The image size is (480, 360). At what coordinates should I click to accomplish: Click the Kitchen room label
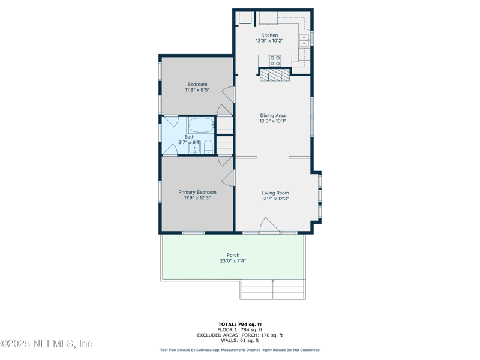(x=269, y=35)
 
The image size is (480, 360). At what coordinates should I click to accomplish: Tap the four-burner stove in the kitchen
(x=275, y=60)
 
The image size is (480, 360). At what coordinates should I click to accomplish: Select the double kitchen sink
(x=304, y=40)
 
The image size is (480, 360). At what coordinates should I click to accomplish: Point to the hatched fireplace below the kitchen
(x=275, y=75)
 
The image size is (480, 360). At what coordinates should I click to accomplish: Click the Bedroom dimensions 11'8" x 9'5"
(x=197, y=90)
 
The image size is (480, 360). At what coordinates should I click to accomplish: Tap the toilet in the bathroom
(x=208, y=146)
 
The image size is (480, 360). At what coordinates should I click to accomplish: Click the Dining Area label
(x=272, y=115)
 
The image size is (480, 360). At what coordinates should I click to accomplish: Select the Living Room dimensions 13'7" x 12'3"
(x=275, y=199)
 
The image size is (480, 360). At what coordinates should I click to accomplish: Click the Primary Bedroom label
(x=197, y=192)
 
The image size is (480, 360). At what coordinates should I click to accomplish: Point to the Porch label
(x=233, y=255)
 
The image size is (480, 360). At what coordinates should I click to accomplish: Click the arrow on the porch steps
(x=273, y=281)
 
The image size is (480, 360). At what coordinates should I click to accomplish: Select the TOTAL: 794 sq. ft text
(x=239, y=324)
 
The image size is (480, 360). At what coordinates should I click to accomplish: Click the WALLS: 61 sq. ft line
(x=239, y=340)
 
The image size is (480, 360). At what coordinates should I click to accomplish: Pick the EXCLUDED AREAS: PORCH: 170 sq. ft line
(x=239, y=335)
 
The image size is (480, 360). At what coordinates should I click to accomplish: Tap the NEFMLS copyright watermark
(x=46, y=344)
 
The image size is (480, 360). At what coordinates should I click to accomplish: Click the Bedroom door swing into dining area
(x=228, y=95)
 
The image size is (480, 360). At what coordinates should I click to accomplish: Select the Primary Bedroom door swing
(x=227, y=178)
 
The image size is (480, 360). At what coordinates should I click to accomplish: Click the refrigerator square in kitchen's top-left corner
(x=245, y=18)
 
